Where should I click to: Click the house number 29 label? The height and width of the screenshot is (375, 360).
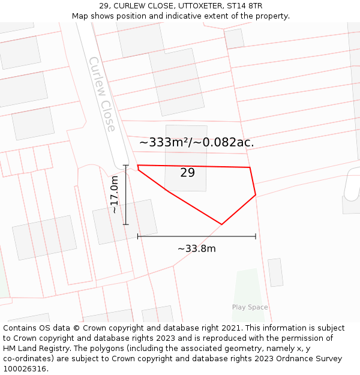(x=187, y=173)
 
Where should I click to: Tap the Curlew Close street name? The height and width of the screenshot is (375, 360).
(x=101, y=94)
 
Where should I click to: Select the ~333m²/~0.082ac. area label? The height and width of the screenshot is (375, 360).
(x=197, y=143)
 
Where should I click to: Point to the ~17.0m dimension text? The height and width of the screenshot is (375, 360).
(x=114, y=194)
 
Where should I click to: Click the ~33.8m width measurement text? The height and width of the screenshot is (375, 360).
(x=196, y=248)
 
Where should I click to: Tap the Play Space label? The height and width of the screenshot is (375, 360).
(x=250, y=307)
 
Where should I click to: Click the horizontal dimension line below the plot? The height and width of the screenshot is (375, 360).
(x=196, y=236)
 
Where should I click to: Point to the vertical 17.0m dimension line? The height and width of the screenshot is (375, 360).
(x=125, y=194)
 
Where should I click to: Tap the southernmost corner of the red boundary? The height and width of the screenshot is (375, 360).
(x=221, y=224)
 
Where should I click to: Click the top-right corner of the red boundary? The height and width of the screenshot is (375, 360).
(x=250, y=167)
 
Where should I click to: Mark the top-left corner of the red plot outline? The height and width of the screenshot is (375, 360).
(x=138, y=165)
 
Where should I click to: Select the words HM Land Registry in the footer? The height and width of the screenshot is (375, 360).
(x=34, y=349)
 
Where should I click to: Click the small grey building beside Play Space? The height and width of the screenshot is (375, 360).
(x=275, y=272)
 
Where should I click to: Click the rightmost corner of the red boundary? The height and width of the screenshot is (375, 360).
(x=256, y=194)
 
